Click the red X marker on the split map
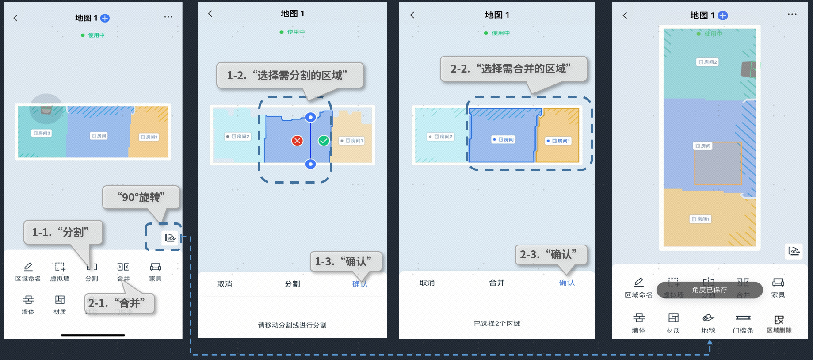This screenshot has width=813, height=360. coord(297,141)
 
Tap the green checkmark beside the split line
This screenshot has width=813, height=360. coord(324,141)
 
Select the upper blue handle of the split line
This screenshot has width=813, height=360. coord(311,117)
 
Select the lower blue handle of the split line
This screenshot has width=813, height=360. coord(311,164)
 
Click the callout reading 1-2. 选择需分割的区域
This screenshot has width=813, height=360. coord(290,75)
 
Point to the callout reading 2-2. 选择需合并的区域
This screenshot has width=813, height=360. coord(513,69)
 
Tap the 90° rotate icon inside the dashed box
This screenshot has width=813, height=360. coord(170,238)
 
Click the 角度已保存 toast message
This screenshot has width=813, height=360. coord(710,290)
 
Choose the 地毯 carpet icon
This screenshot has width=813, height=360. coord(708,318)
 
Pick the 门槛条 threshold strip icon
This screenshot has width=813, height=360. coord(743,318)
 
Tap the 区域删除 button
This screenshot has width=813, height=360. coord(779,320)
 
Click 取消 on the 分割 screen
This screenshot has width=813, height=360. coord(225,284)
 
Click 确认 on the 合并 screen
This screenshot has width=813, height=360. coord(567,283)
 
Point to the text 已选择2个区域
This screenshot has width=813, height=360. coord(497,323)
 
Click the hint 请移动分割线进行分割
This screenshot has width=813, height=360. coord(292,325)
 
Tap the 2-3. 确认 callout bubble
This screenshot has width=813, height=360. coord(551,254)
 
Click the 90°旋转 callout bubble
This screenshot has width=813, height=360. coord(141,197)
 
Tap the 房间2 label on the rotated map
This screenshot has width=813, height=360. coord(707,62)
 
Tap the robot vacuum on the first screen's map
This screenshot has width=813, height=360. coord(46,109)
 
